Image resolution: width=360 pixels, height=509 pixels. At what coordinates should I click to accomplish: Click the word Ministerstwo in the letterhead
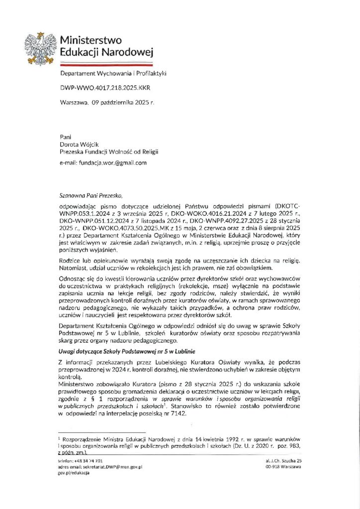(91, 40)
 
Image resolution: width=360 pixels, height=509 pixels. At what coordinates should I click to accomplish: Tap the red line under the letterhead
(106, 65)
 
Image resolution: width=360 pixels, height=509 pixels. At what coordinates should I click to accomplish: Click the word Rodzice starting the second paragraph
(70, 261)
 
